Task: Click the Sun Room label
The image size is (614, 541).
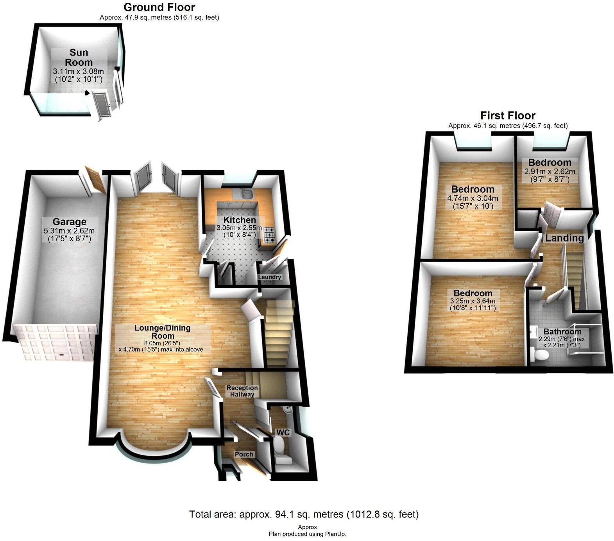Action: (x=79, y=58)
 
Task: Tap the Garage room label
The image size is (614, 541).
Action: (x=70, y=222)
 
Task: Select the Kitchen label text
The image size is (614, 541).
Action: (x=240, y=220)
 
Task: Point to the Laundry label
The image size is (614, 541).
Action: (x=270, y=277)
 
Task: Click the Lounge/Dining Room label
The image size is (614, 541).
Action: (x=163, y=332)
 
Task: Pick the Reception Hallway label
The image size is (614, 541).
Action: (x=242, y=391)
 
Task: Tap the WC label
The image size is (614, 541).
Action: (x=283, y=432)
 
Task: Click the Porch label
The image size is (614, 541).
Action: (x=244, y=454)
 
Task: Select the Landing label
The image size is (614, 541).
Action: (x=564, y=238)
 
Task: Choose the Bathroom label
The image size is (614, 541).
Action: (x=562, y=332)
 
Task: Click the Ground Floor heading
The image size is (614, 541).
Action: (x=159, y=7)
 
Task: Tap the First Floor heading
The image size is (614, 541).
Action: (x=508, y=115)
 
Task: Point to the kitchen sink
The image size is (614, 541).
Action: (x=247, y=194)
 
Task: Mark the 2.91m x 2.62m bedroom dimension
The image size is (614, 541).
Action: (x=550, y=171)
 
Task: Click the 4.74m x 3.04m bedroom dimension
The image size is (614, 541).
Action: (x=473, y=198)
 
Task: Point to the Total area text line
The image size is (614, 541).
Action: (x=304, y=514)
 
